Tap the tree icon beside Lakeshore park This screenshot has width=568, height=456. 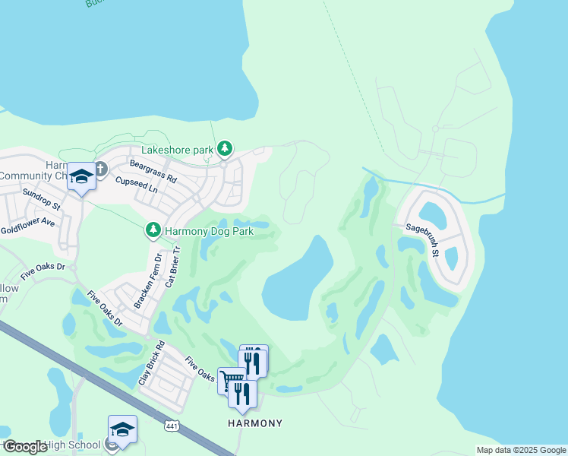(225, 148)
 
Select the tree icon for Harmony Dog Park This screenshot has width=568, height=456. (153, 229)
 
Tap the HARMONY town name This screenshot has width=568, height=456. (255, 423)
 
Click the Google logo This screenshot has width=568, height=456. (26, 447)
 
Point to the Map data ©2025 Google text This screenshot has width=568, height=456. (520, 450)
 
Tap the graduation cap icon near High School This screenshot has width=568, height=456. (122, 429)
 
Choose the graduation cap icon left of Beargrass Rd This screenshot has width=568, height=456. (81, 177)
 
